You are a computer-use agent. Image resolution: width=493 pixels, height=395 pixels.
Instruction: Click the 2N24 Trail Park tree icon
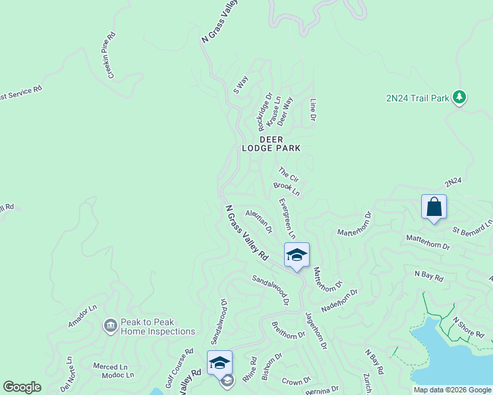pos(459,97)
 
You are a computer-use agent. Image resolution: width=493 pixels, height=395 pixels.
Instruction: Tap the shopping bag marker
pos(434,207)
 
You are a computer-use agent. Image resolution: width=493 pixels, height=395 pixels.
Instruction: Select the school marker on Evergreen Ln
pos(297,255)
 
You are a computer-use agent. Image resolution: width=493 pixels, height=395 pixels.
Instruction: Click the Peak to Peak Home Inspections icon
pos(110,325)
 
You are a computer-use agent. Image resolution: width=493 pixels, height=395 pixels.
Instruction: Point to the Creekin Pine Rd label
pos(107,55)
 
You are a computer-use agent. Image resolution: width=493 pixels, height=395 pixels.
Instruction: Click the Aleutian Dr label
pos(259,221)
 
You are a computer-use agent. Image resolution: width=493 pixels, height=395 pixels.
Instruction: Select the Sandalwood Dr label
pos(271,290)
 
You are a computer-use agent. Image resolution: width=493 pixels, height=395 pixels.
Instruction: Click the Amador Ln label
pos(83,317)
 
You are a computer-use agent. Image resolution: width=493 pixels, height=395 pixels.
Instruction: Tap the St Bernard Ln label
pos(472,228)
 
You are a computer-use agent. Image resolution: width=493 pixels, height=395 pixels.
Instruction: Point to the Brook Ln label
pos(287,190)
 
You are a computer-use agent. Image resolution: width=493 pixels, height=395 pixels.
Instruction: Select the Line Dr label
pos(313,110)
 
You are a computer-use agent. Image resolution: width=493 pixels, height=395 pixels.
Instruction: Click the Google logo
pos(22,387)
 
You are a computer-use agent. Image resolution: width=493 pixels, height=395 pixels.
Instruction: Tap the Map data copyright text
pos(452,390)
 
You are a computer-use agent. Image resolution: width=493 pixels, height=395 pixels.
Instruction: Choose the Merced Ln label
pos(110,367)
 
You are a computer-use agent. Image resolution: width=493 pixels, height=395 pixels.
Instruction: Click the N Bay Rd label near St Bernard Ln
pos(428,276)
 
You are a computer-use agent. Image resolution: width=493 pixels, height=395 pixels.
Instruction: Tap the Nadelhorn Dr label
pos(339,300)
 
